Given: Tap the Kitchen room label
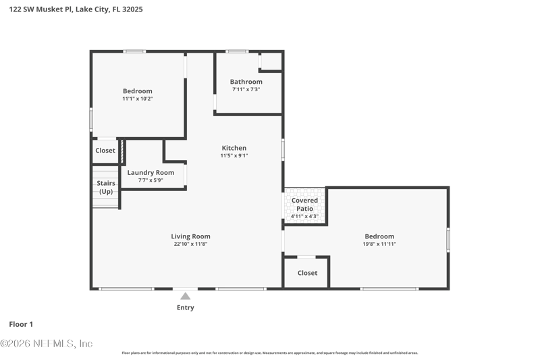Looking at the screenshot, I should [234, 148].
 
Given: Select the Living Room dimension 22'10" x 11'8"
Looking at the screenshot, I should [190, 245].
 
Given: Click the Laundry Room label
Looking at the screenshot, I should [151, 173].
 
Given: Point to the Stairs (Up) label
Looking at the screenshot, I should [106, 187].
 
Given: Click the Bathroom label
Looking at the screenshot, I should [246, 82].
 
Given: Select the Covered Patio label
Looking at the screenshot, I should [304, 205].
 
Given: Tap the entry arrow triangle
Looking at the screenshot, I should [185, 296].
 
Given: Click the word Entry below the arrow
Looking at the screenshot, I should [185, 308].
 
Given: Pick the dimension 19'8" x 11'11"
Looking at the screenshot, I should [378, 245].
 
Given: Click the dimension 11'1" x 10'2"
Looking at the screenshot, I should [137, 99].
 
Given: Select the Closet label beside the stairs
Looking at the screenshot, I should [105, 151].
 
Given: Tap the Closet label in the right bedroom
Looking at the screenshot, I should [307, 273].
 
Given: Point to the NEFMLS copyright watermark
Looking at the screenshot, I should [46, 344].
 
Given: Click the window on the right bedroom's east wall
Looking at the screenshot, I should [448, 240].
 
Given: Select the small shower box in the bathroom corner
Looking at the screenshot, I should [271, 61].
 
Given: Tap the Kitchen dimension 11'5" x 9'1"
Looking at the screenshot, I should [234, 156].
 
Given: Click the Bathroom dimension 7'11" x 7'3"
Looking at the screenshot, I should [246, 90].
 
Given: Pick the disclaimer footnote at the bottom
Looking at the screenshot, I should [269, 353].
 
